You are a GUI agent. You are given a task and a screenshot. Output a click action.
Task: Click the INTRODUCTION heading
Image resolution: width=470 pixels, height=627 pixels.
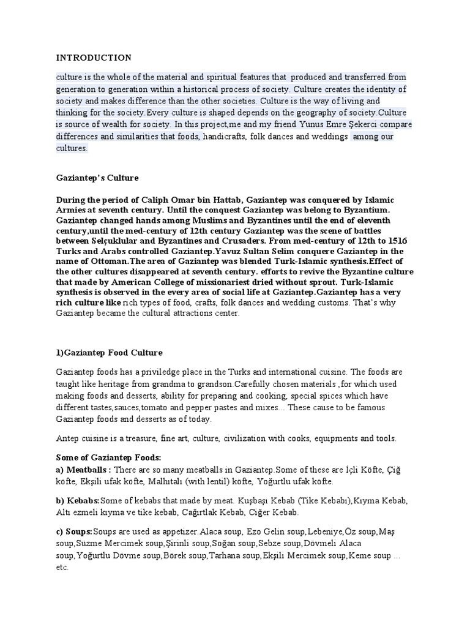tap(94, 58)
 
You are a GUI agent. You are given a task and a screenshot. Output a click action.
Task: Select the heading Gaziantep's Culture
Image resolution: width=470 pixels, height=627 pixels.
tap(97, 178)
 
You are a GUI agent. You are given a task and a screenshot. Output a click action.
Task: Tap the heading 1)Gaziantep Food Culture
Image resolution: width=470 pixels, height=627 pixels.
tap(109, 353)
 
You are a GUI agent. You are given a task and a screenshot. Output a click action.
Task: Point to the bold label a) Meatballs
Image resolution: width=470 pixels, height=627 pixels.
tap(83, 470)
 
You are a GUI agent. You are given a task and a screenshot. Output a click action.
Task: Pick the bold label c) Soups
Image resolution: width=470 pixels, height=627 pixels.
tap(74, 530)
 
